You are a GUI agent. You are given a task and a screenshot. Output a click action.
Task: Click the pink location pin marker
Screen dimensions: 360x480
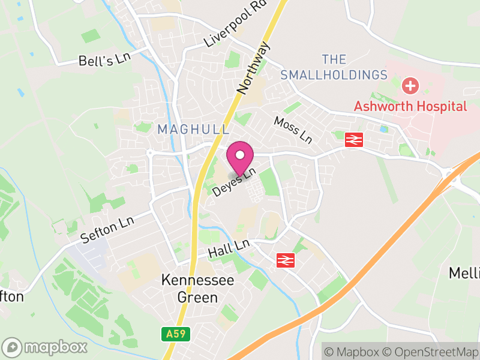tap(240, 157)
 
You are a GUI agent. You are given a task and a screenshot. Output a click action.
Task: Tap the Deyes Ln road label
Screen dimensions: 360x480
tap(235, 182)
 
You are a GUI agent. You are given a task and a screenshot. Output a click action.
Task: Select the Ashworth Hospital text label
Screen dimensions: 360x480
tap(410, 106)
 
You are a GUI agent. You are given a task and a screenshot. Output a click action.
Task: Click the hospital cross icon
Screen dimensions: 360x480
tap(410, 86)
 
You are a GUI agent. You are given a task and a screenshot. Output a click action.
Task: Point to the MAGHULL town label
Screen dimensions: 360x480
tap(193, 129)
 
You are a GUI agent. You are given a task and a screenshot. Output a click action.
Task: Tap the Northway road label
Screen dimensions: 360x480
tap(254, 67)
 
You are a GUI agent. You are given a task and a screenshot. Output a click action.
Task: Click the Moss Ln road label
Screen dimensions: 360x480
tap(293, 130)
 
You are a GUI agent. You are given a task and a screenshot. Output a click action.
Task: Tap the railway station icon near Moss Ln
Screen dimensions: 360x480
tap(353, 140)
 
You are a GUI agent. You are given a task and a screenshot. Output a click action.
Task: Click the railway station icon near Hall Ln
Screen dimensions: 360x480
tap(285, 260)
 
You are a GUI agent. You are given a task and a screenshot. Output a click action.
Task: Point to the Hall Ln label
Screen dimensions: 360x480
tap(229, 248)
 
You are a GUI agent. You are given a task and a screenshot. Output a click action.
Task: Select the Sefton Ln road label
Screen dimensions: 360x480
tap(109, 229)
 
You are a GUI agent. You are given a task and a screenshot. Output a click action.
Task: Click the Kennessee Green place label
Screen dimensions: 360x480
tap(197, 288)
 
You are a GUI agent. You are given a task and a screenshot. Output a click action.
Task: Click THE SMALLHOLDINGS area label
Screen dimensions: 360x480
tap(334, 67)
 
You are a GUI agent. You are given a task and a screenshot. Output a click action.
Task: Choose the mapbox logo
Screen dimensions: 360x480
tap(45, 347)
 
